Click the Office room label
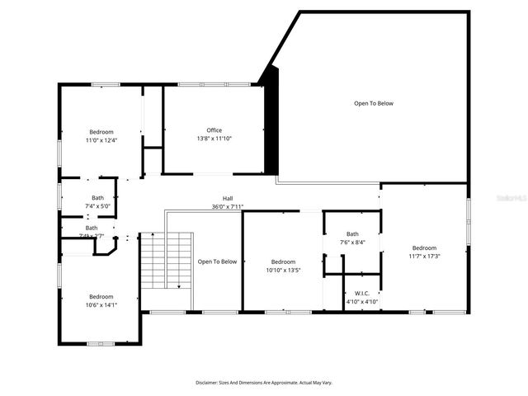tap(214, 130)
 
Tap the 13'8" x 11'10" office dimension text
tap(214, 139)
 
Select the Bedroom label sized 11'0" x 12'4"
tap(101, 132)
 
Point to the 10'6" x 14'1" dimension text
tap(101, 304)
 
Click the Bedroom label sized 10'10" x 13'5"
tap(283, 262)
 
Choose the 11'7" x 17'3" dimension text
tap(424, 256)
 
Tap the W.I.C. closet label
tap(361, 293)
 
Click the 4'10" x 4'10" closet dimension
tap(361, 301)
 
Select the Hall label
tap(228, 199)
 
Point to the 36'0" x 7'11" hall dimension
tap(228, 207)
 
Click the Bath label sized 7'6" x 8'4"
tap(352, 233)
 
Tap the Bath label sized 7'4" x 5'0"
tap(98, 197)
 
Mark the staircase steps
tap(165, 260)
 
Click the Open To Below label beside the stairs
tap(217, 262)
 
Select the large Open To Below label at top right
tap(374, 103)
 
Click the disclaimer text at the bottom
tap(263, 383)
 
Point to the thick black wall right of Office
tap(271, 124)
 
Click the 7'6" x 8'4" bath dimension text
tap(352, 243)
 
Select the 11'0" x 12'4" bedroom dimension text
tap(101, 140)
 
